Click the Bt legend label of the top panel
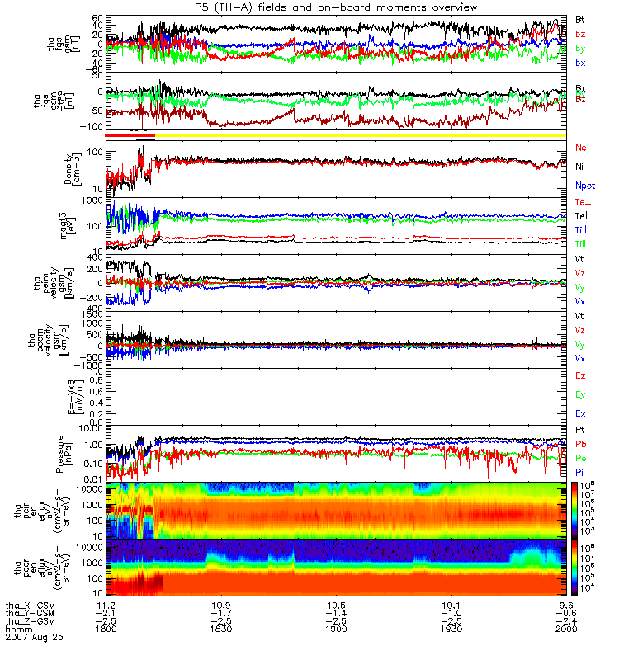click(579, 19)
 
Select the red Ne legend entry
click(579, 147)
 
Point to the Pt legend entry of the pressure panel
click(579, 431)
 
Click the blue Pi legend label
click(579, 471)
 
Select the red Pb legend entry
click(579, 444)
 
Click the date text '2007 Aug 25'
click(35, 638)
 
